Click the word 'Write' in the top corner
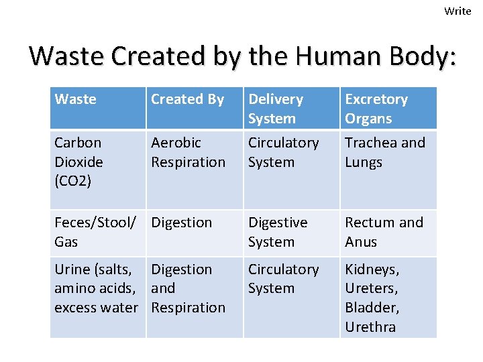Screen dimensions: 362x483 (x=458, y=11)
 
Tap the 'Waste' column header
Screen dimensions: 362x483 (x=75, y=99)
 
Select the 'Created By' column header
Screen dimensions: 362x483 (x=187, y=99)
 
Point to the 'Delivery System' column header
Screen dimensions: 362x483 (x=275, y=109)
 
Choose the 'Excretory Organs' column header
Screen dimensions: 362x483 (x=376, y=109)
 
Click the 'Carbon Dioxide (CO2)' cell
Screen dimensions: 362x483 (x=78, y=162)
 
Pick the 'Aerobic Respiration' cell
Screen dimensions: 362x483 (x=188, y=152)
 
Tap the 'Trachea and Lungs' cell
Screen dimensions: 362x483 (x=384, y=152)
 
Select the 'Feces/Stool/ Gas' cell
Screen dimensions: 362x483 (x=95, y=232)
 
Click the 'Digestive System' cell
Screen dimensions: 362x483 (x=278, y=232)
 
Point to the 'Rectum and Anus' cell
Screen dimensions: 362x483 (x=384, y=232)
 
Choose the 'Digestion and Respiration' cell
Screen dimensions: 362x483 (x=188, y=288)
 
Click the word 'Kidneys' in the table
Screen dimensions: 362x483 (x=372, y=269)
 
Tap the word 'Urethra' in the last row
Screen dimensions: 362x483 (x=370, y=327)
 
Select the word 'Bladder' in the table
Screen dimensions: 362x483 (x=372, y=308)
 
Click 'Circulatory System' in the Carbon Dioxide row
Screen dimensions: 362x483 (x=283, y=152)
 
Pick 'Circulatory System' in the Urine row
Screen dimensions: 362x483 (x=283, y=279)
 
